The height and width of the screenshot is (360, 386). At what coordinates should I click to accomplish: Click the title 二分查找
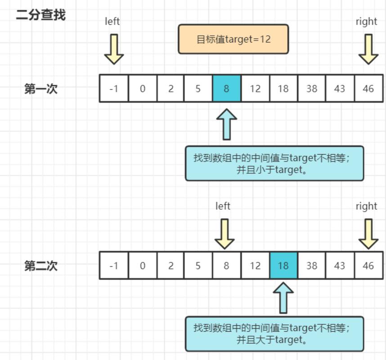click(40, 15)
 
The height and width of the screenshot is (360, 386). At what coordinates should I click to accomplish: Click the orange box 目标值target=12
click(233, 39)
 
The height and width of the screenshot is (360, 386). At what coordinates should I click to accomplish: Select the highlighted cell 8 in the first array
click(226, 89)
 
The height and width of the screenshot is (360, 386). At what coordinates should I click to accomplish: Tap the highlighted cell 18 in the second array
click(283, 265)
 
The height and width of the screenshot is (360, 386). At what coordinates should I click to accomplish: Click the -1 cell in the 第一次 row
click(114, 89)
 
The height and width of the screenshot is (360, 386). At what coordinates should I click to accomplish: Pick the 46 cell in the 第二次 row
click(368, 265)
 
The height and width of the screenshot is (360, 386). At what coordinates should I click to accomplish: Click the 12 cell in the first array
click(255, 89)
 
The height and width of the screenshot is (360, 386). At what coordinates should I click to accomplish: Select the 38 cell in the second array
click(311, 265)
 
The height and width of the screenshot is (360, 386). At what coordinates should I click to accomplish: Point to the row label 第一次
click(41, 89)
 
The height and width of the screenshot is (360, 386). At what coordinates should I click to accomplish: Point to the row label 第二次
click(41, 265)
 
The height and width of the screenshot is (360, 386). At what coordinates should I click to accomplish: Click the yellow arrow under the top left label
click(114, 49)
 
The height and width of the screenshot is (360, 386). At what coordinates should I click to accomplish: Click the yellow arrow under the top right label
click(368, 49)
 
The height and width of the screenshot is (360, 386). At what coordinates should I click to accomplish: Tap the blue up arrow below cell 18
click(283, 298)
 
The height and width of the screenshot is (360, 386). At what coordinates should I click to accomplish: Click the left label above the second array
click(223, 206)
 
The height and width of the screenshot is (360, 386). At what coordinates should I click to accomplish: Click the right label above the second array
click(366, 206)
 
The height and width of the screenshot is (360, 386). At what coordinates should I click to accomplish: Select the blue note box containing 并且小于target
click(274, 163)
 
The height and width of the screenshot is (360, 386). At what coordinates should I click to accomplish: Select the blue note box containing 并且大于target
click(274, 334)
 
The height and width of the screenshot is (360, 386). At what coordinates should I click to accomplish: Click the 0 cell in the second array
click(142, 265)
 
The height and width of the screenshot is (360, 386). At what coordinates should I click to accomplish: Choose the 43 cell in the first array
click(340, 89)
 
